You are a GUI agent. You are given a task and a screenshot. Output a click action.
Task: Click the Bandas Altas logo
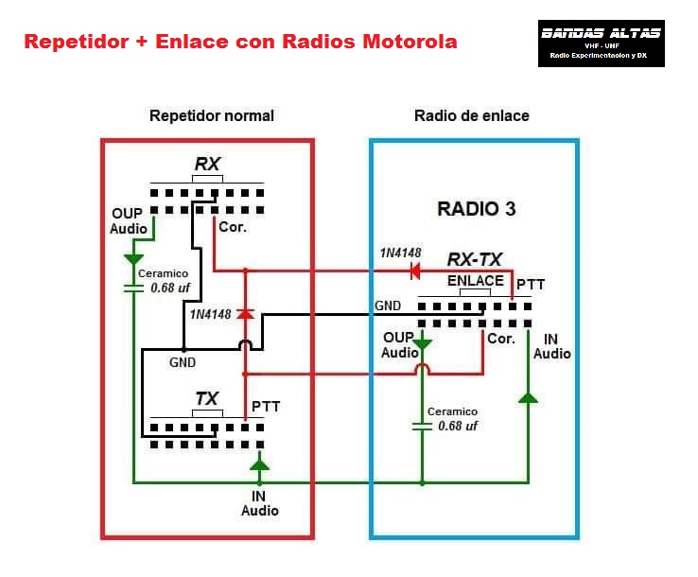coord(601,44)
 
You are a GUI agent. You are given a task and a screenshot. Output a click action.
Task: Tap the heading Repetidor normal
coord(212,115)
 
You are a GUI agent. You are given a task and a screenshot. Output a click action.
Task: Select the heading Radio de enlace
coord(472,115)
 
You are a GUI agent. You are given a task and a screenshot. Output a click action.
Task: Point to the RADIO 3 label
coord(477,209)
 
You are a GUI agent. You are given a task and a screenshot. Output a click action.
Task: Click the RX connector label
coord(206,165)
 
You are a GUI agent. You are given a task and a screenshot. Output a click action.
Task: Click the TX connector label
coord(206,399)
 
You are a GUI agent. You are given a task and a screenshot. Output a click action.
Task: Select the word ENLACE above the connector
coord(475,281)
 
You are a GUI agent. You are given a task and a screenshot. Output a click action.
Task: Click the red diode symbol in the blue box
coord(413,271)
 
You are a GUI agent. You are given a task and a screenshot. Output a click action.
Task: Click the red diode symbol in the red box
coord(245,313)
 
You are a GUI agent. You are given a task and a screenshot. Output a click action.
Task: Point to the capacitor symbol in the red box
coord(133,288)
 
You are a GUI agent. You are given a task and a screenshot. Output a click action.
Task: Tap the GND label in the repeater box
coord(183,361)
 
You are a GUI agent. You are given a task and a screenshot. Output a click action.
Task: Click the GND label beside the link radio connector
coord(388,306)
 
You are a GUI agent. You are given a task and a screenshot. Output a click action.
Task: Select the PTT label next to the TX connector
coord(266,407)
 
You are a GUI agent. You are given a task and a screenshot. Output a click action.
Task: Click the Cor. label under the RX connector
coord(233,227)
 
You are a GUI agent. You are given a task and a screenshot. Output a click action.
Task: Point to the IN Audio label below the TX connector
coord(259,502)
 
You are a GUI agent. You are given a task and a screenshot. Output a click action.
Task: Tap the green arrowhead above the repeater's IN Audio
coord(258,464)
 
